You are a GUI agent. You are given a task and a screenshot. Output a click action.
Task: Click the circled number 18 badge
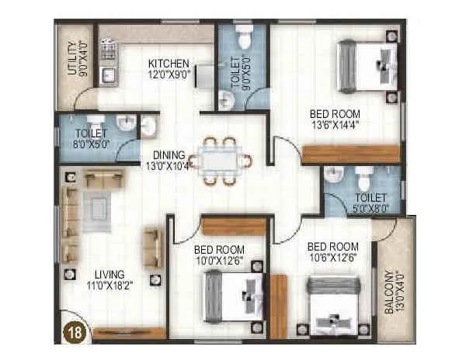(74, 333)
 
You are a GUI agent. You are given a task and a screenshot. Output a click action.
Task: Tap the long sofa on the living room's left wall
(70, 221)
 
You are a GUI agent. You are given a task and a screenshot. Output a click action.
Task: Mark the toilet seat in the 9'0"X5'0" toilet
(243, 39)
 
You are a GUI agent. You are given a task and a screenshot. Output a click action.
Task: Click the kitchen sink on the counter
(108, 74)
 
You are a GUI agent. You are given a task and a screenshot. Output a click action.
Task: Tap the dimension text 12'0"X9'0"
(168, 74)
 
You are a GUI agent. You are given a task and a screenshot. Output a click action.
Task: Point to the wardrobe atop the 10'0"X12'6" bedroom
(233, 226)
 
